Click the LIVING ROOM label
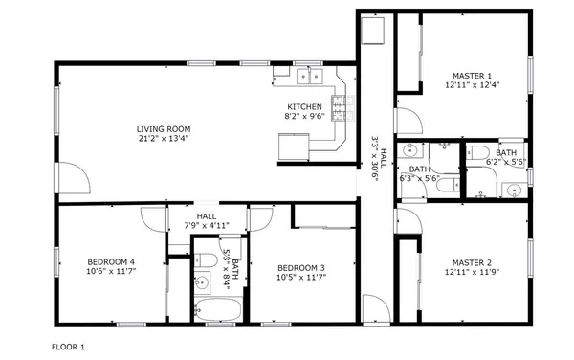(164, 128)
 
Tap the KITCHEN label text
(305, 106)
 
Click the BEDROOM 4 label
(112, 262)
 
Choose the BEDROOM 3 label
(301, 267)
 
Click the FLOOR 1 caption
(68, 346)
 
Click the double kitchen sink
(312, 75)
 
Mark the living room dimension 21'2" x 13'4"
(164, 138)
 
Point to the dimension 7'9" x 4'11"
(207, 226)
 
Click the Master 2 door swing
(408, 222)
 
